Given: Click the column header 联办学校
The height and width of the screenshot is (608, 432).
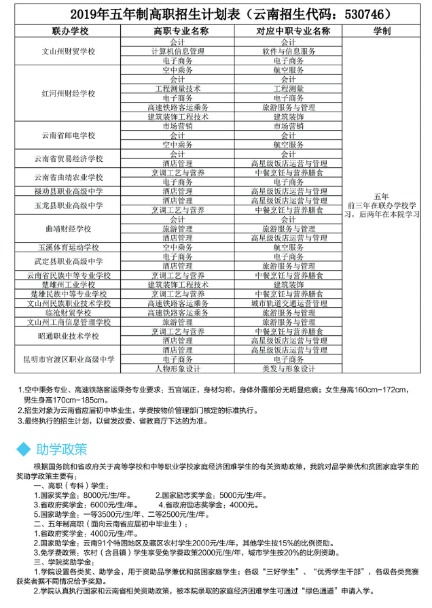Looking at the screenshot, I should point(70,31).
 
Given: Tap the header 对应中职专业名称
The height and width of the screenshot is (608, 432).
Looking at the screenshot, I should point(293,31).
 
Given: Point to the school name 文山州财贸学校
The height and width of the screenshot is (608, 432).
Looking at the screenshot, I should point(70,51).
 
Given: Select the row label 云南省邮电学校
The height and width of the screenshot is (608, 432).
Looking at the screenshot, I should point(70,135).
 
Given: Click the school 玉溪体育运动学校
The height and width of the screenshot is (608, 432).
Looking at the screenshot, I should point(70,248).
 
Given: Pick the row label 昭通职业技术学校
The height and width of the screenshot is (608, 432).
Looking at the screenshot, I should point(70,336).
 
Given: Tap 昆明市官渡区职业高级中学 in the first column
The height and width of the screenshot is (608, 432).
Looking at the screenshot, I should point(70,358).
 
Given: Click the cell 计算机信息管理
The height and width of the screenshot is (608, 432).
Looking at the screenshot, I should point(177,51).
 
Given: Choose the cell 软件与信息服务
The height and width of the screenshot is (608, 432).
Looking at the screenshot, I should point(293,51).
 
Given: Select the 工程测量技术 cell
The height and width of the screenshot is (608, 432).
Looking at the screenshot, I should point(177,88).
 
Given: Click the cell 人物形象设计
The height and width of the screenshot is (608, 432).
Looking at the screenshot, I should point(177,368).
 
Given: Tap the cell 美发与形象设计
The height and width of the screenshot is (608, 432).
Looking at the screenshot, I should point(293,368).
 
